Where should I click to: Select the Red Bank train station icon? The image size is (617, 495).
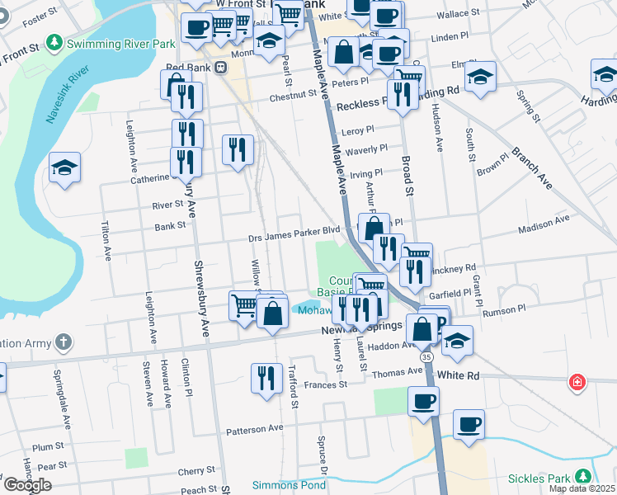click(x=220, y=68)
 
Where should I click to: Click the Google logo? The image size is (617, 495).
click(x=27, y=484)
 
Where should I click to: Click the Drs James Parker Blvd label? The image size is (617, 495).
click(x=294, y=233)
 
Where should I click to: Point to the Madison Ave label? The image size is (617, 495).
click(x=544, y=219)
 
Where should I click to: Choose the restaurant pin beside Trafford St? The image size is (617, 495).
click(x=266, y=378)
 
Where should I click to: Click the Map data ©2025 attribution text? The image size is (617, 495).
click(x=582, y=488)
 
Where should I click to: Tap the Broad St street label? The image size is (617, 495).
click(x=407, y=175)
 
